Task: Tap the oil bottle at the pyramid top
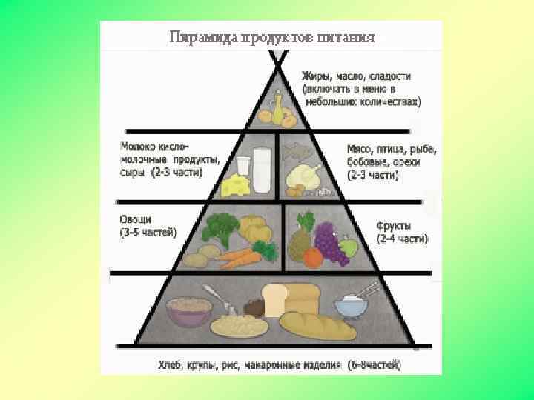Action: coord(278,107)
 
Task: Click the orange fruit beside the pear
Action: coord(312,257)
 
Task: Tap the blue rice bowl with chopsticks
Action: coord(351,305)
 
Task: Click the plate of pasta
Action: coord(239,323)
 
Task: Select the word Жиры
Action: coord(315,76)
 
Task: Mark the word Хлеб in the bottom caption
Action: coord(171,364)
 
